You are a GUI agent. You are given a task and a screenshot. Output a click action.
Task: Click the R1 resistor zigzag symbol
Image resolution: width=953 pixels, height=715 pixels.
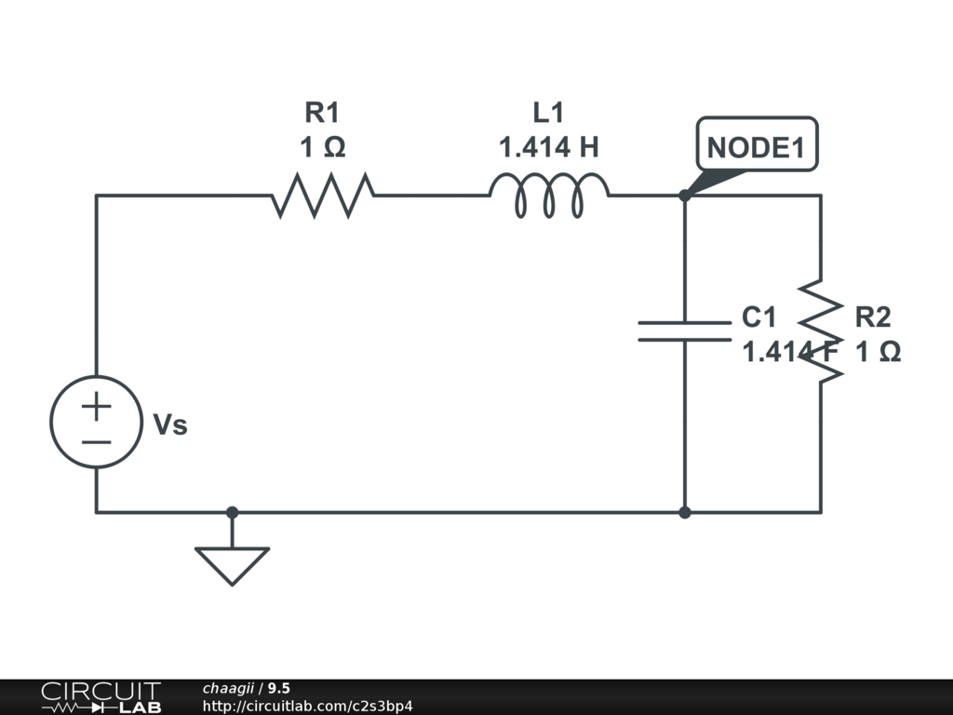323,196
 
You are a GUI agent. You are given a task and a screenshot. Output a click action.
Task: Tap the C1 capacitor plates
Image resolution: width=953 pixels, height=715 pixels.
684,331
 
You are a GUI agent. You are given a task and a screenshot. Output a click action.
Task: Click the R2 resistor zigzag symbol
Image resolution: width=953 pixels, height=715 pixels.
821,329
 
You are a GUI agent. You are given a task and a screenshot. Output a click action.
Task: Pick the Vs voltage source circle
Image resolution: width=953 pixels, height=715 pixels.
96,422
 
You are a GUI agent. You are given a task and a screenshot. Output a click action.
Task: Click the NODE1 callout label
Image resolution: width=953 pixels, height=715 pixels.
756,146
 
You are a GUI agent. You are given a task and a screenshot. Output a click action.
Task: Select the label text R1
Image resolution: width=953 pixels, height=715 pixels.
323,114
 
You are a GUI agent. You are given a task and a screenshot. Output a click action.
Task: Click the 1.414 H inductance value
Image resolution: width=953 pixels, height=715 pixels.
548,148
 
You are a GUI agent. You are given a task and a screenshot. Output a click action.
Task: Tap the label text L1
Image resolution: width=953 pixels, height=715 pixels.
548,114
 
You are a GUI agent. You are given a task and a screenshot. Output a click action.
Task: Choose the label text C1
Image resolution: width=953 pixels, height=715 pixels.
758,317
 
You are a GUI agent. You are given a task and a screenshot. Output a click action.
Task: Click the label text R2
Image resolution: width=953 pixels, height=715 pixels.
873,317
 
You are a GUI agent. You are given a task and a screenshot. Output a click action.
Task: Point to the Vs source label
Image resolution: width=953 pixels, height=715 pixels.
170,425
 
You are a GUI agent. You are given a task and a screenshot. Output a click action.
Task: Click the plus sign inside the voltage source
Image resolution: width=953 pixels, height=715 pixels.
96,406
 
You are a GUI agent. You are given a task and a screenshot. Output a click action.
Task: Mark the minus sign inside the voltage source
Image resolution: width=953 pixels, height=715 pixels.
96,440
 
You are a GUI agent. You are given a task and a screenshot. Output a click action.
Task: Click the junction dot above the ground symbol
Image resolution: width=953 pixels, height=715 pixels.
232,512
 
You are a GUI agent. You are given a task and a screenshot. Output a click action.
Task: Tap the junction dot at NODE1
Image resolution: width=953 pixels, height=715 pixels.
684,196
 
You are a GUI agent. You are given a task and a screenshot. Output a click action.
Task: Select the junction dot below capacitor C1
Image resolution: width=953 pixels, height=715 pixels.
684,512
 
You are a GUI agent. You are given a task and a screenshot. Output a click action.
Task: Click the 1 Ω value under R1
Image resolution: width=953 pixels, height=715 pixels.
322,148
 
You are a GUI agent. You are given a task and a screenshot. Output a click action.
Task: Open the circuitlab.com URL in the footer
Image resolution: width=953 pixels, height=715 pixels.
307,707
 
